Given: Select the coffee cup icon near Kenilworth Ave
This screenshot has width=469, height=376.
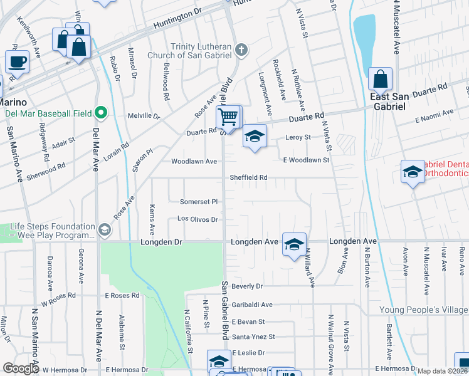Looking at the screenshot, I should tap(17, 61).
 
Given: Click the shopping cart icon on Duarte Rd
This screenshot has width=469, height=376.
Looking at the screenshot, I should tap(228, 116).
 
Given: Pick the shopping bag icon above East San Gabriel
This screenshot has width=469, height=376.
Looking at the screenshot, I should tap(380, 79).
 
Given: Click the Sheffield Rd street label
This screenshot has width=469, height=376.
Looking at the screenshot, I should tap(248, 177).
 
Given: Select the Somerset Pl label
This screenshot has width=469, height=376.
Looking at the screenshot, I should tap(199, 202).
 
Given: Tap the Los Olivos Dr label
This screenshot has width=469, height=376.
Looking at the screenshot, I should tap(198, 219).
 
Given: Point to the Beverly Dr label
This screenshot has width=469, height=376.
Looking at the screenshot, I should tap(247, 286).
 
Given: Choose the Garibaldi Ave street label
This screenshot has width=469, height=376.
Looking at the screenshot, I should tap(252, 305).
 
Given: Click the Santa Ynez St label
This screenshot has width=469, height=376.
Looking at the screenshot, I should tap(253, 337).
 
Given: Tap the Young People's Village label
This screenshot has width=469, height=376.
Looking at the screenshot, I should tap(423, 310).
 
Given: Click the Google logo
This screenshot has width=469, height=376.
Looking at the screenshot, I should tap(21, 368).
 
